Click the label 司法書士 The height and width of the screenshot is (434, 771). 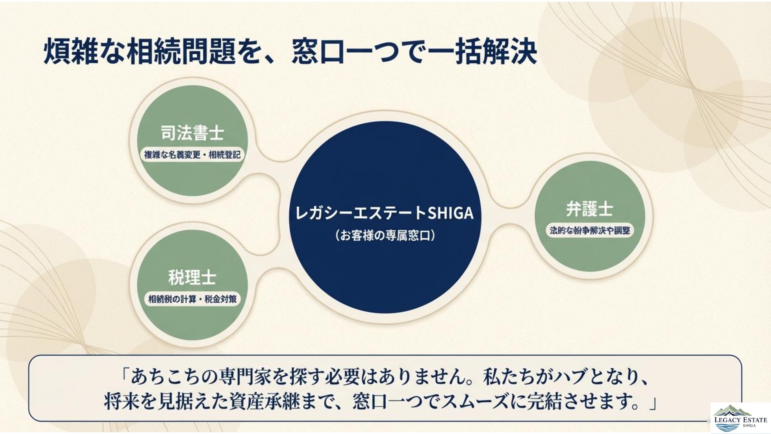(x=193, y=133)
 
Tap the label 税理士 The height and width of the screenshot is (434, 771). (x=192, y=277)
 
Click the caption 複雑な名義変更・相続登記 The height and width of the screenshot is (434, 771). (x=193, y=155)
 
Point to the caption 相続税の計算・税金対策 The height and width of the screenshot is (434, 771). (x=193, y=299)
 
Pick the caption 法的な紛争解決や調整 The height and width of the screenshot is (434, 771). (x=590, y=231)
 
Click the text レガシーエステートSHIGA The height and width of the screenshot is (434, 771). (x=384, y=213)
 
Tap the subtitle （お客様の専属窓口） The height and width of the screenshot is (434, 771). (x=385, y=236)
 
